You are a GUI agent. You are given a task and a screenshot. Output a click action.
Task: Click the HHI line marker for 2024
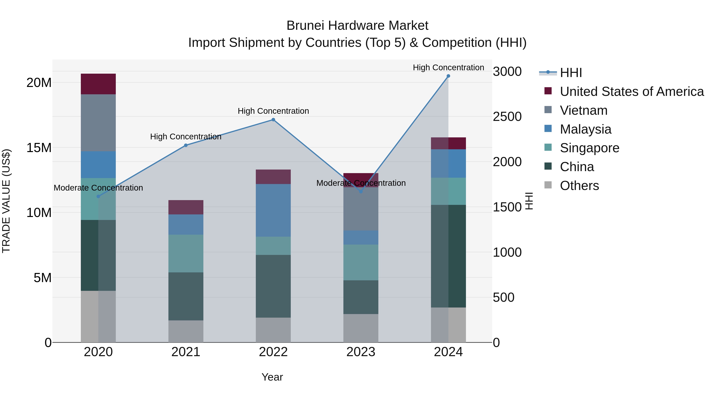point(448,76)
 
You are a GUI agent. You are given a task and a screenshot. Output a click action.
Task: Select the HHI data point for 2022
point(273,120)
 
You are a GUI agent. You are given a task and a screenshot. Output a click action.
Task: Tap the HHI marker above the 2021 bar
point(186,145)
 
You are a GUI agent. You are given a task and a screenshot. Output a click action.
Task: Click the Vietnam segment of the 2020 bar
point(98,123)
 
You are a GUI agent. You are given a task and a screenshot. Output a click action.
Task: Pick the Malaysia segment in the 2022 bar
point(273,210)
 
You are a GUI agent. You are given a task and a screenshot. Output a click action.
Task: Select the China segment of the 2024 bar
point(448,256)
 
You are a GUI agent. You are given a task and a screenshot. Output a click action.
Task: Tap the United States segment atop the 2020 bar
point(98,84)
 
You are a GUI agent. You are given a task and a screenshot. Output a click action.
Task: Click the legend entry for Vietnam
point(584,110)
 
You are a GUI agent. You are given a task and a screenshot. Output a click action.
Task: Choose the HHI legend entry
point(571,73)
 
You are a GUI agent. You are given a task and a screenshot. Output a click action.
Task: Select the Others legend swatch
point(548,185)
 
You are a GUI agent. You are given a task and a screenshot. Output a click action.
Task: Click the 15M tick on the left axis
point(39,147)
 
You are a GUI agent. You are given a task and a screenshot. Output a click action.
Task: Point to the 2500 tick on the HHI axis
point(507,117)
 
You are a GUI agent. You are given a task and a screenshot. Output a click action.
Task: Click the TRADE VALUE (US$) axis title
point(6,201)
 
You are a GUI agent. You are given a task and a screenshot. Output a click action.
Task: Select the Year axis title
point(272,377)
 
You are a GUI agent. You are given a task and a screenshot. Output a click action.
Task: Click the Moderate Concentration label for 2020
point(98,188)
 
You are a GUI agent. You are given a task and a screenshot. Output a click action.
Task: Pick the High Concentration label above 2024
point(448,67)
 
